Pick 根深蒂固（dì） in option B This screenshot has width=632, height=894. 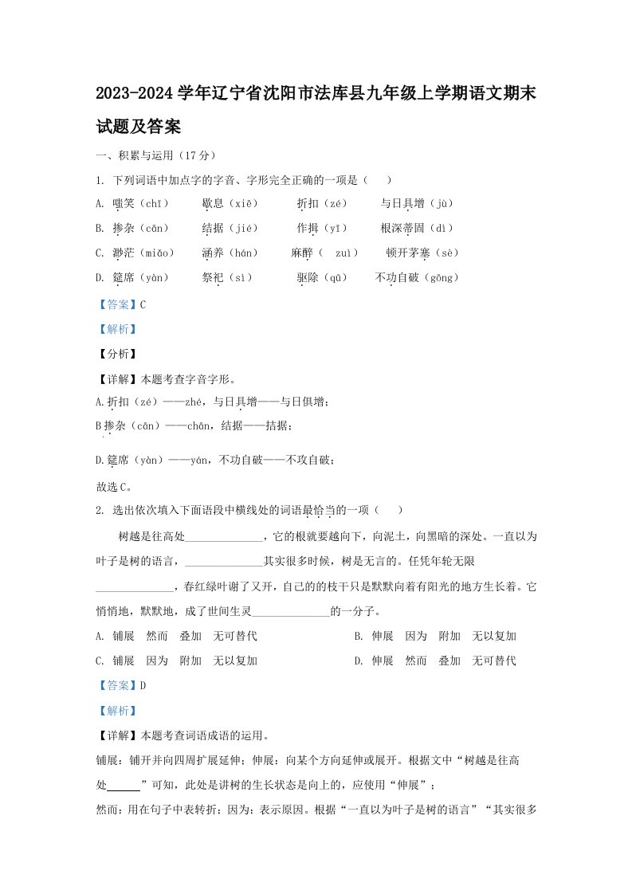tap(422, 229)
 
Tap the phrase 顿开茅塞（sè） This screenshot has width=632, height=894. tap(422, 253)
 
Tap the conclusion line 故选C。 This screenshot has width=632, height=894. tap(113, 486)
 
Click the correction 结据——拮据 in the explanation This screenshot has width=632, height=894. tap(246, 426)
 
